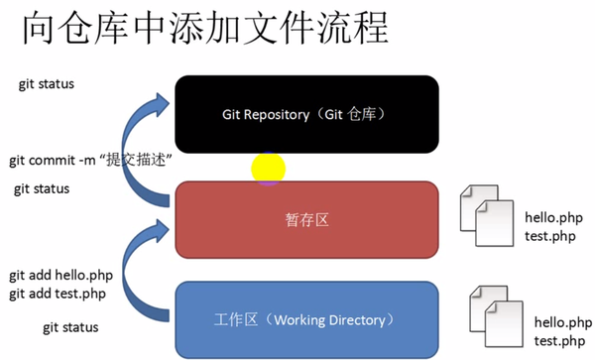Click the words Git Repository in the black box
point(264,114)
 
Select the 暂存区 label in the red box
point(306,219)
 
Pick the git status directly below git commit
point(42,188)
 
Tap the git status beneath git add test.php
point(70,326)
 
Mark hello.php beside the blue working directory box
point(562,321)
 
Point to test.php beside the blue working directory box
point(557,340)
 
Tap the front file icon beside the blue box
point(505,325)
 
